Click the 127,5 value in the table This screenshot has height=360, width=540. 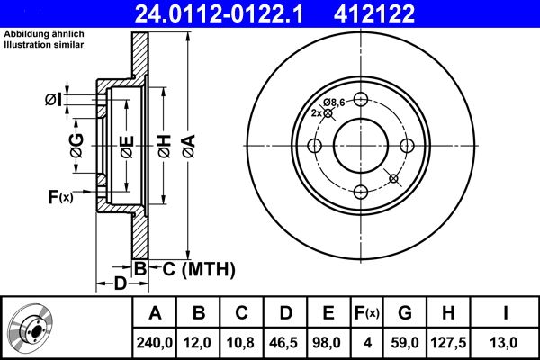[451, 342]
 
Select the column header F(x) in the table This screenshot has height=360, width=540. [367, 313]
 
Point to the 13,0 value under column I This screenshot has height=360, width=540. [507, 342]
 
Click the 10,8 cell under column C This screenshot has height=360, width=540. [242, 342]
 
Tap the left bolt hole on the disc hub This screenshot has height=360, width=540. [315, 147]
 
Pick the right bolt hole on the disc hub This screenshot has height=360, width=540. [406, 147]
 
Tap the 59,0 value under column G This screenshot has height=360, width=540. [405, 342]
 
